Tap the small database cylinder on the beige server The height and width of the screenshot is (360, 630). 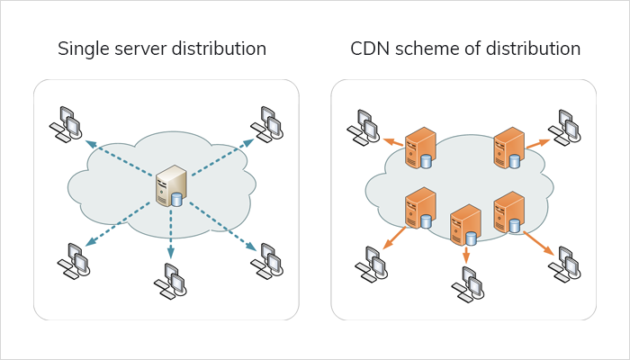point(176,199)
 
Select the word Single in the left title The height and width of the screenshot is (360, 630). point(82,49)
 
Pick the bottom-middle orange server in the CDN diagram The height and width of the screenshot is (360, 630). point(465,226)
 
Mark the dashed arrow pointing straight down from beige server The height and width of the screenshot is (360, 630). point(171,234)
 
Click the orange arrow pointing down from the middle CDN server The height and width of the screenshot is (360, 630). point(466,255)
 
